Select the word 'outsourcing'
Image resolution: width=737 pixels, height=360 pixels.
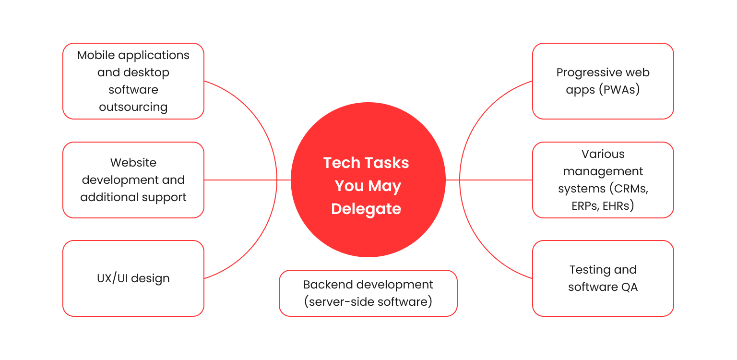(x=133, y=107)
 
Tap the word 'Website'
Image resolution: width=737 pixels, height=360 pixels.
(x=133, y=163)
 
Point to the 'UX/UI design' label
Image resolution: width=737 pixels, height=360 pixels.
(x=133, y=278)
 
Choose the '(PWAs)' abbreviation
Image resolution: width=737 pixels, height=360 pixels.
(x=619, y=90)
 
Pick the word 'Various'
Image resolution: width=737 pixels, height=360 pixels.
(x=603, y=154)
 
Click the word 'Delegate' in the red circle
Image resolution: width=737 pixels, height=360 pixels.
(x=366, y=209)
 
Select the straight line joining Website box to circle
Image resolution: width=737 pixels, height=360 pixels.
(x=247, y=180)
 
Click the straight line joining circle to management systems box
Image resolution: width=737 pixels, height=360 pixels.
(x=489, y=180)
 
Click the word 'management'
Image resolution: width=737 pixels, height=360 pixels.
(x=603, y=171)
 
